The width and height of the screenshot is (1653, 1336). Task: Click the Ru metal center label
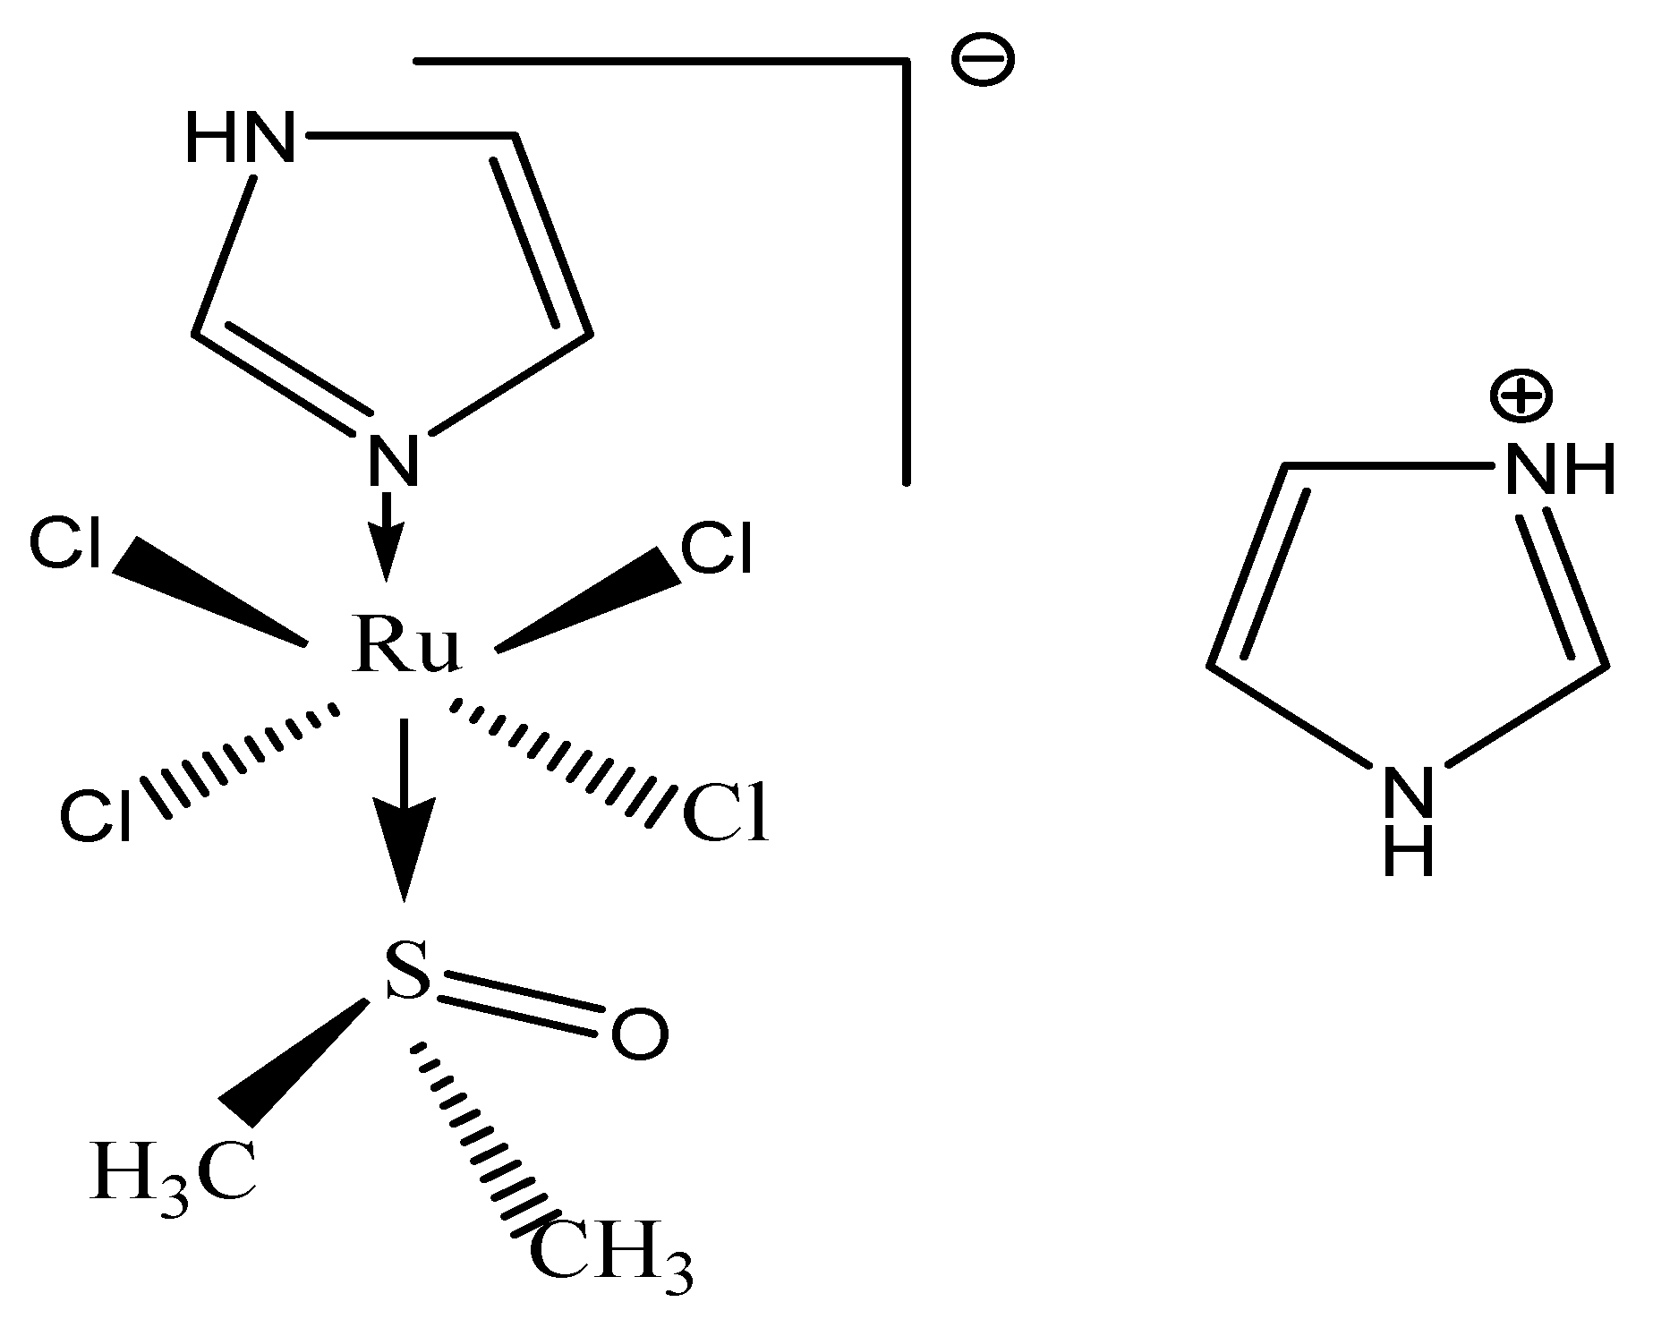click(x=407, y=644)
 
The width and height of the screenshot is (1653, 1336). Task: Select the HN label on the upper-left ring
click(x=240, y=140)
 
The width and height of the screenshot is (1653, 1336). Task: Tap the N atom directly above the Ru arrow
click(x=392, y=460)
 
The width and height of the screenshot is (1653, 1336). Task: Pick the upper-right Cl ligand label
click(x=716, y=548)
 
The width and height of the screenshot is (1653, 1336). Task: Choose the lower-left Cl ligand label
click(x=96, y=815)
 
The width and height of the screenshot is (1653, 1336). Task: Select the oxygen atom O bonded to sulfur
click(x=639, y=1035)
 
